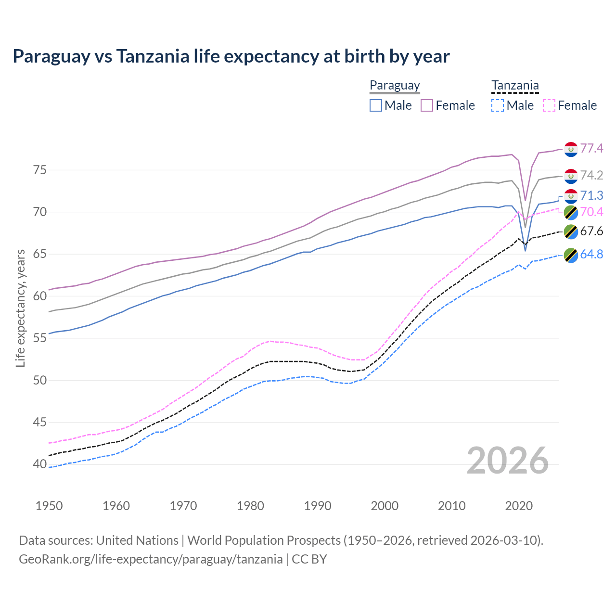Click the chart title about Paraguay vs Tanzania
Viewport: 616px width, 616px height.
tap(231, 56)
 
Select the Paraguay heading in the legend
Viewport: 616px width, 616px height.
tap(395, 86)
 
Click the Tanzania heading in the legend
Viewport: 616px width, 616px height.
tap(515, 86)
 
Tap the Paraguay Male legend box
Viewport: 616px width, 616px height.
tap(376, 105)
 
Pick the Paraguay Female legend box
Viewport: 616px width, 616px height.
tap(427, 105)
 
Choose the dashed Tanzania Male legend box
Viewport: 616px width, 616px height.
tap(498, 105)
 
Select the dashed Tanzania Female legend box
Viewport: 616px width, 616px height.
tap(549, 105)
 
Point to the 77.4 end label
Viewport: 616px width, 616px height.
tap(591, 148)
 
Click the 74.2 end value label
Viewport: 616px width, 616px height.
tap(591, 175)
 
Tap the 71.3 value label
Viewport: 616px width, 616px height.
tap(591, 195)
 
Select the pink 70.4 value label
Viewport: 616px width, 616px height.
tap(591, 212)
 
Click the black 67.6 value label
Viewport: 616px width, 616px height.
tap(591, 231)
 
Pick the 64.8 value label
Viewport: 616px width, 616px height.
tap(591, 254)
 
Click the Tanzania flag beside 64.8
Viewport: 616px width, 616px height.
tap(571, 255)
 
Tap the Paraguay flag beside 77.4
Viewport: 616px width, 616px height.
tap(571, 149)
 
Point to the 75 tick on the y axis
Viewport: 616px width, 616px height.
tap(40, 170)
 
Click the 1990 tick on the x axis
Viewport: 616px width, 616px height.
tap(318, 506)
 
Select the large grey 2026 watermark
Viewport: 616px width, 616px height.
tap(508, 461)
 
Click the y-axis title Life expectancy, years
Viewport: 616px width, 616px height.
tap(21, 308)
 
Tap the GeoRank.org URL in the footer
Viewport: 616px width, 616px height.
tap(151, 559)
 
